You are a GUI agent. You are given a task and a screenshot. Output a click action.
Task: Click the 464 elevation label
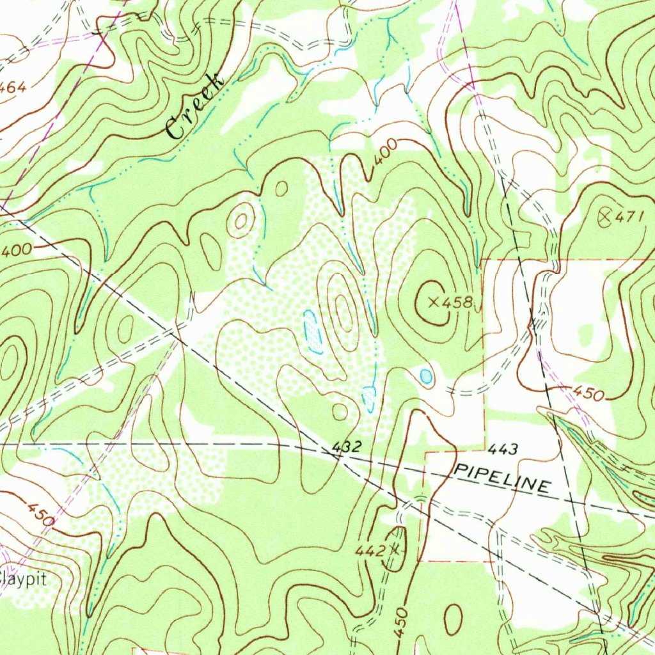(x=13, y=88)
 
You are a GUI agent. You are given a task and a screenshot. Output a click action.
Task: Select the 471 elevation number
(x=628, y=217)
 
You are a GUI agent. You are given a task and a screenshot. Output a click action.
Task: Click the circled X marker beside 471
(x=604, y=217)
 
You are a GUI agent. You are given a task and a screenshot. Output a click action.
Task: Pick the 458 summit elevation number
(x=458, y=302)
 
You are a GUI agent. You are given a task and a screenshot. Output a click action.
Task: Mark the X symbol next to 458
(x=434, y=301)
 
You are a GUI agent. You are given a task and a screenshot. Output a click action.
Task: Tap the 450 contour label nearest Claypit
(x=40, y=514)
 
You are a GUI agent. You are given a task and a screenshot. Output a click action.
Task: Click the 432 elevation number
(x=348, y=446)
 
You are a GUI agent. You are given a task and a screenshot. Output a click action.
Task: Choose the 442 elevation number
(x=370, y=550)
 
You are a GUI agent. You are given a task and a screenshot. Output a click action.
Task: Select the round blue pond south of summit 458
(x=426, y=376)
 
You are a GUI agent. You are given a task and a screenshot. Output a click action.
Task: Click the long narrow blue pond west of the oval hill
(x=312, y=331)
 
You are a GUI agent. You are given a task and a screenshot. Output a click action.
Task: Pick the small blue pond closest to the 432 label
(x=368, y=399)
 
